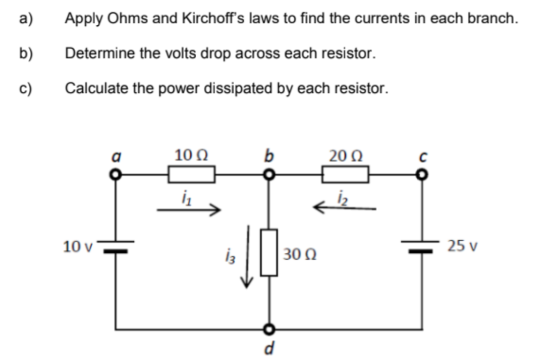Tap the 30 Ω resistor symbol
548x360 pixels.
[x=269, y=252]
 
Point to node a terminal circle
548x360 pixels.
[x=118, y=175]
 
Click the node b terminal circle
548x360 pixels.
[x=269, y=175]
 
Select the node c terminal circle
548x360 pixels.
[x=422, y=175]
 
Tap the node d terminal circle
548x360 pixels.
[x=269, y=329]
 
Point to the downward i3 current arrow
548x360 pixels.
[x=247, y=257]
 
